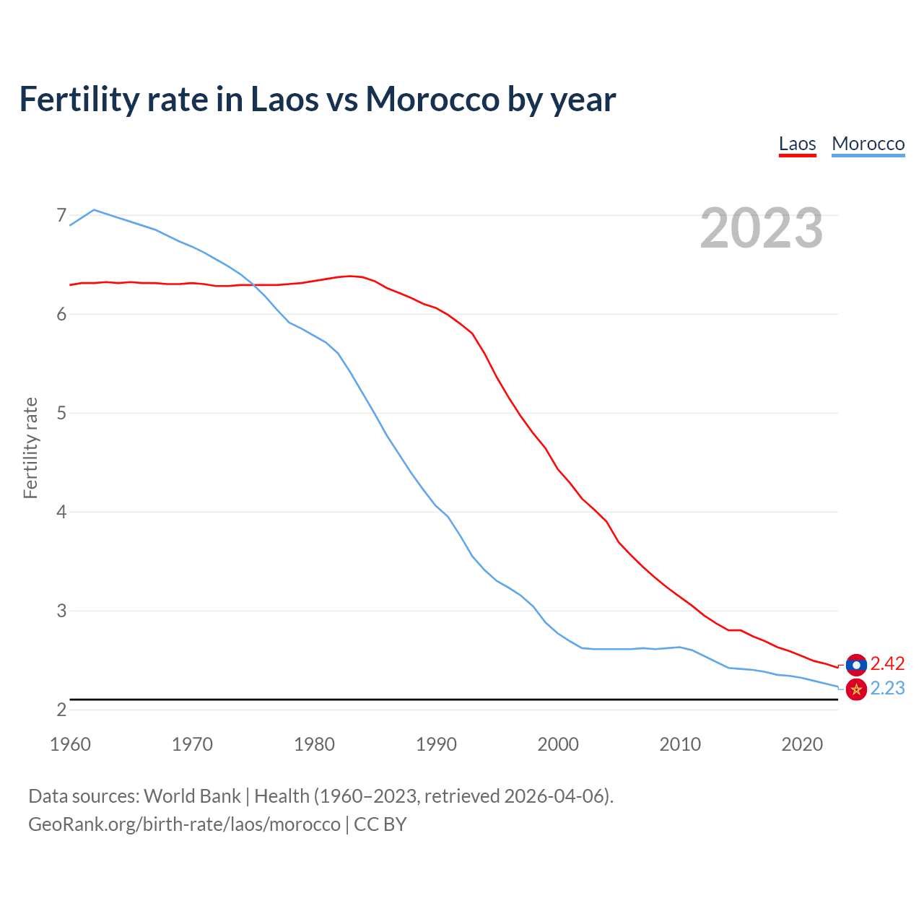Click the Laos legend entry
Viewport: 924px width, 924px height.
(x=797, y=144)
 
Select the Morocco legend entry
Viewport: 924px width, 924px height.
(x=868, y=144)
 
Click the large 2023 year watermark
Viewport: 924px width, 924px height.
(x=762, y=228)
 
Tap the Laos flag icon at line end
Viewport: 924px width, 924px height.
(x=856, y=664)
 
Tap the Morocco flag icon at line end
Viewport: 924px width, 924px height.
(x=856, y=689)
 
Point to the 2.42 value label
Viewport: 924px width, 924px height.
(x=887, y=663)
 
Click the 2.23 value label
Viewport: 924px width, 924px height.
(x=887, y=689)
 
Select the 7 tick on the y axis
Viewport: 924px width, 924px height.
(x=61, y=215)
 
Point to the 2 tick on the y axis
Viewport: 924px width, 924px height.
(x=61, y=710)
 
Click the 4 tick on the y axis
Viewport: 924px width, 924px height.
(x=61, y=512)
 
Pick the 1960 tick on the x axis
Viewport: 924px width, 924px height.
(x=70, y=744)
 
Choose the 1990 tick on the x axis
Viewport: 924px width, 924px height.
(x=436, y=744)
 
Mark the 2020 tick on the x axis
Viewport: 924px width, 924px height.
(x=802, y=744)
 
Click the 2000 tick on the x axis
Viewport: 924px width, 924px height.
(x=558, y=744)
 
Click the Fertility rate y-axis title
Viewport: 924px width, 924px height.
(x=30, y=448)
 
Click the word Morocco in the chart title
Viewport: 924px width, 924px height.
(x=432, y=99)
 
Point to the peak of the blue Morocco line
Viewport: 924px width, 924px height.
(x=94, y=210)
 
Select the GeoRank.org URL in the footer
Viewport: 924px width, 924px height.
(x=184, y=824)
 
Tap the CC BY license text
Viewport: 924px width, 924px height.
(x=380, y=824)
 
